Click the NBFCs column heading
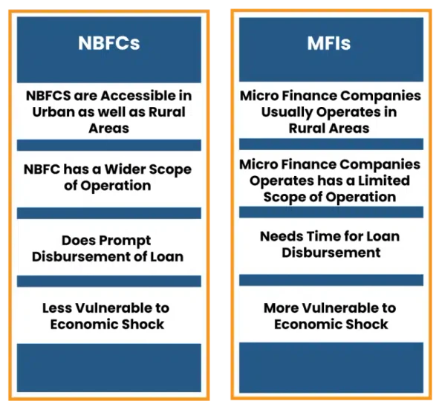pyautogui.click(x=108, y=42)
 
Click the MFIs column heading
pyautogui.click(x=329, y=42)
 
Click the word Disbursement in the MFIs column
pyautogui.click(x=331, y=253)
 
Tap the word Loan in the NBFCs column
pyautogui.click(x=167, y=257)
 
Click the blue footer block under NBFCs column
pyautogui.click(x=108, y=368)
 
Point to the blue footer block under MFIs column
pyautogui.click(x=331, y=368)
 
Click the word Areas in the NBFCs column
pyautogui.click(x=108, y=128)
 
